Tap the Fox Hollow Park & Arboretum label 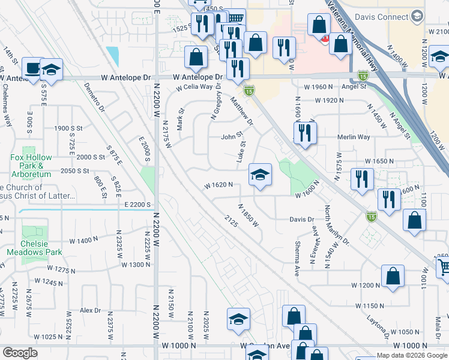pos(31,161)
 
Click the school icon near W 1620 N pos(260,176)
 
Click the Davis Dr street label pos(303,219)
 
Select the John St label pos(231,136)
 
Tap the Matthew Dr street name pos(243,112)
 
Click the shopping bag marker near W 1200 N pos(392,277)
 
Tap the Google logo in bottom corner pos(20,353)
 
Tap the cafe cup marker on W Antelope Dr pos(32,68)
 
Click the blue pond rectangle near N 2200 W pos(112,56)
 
